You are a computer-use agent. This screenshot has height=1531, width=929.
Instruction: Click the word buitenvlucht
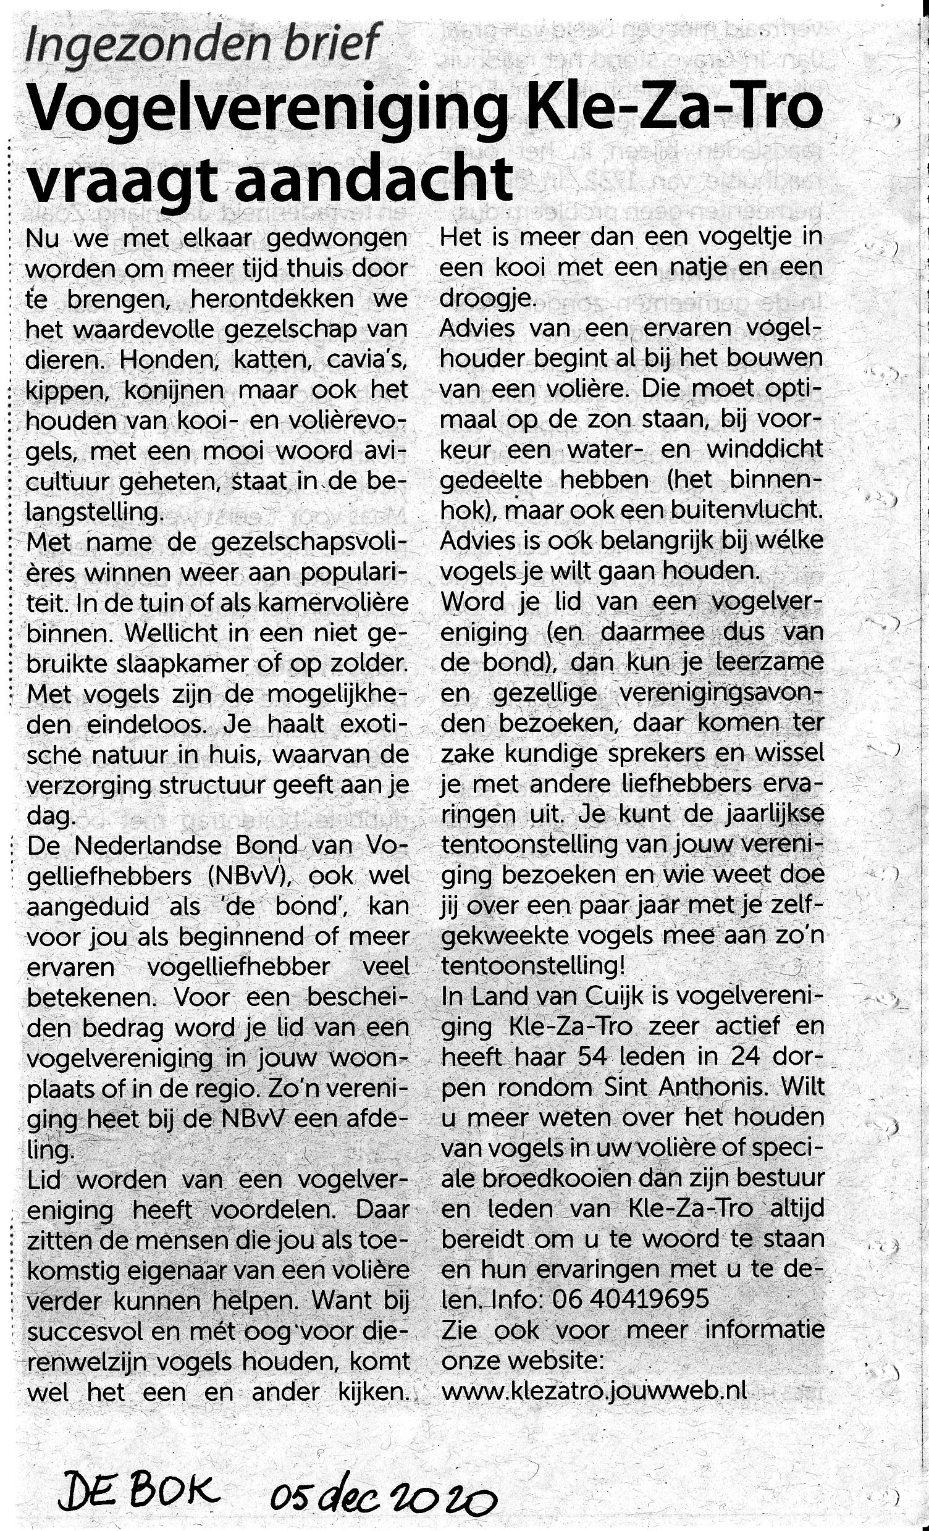[x=746, y=511]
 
